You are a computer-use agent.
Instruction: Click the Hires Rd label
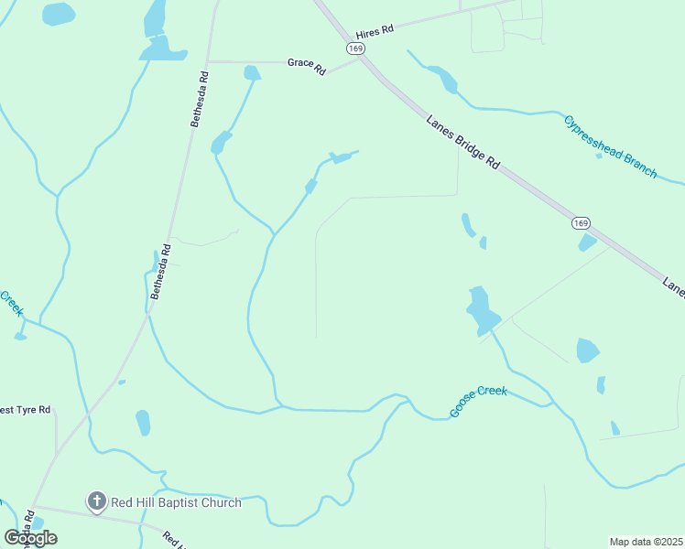(375, 30)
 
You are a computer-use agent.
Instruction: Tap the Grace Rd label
(307, 64)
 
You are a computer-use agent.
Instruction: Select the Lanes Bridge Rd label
(463, 140)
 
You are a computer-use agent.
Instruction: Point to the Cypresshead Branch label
(611, 146)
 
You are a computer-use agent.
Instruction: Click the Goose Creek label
(478, 403)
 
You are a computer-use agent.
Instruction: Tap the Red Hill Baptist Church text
(177, 502)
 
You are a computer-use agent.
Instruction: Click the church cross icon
(96, 501)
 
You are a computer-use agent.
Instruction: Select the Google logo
(30, 538)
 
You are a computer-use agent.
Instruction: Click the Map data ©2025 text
(647, 542)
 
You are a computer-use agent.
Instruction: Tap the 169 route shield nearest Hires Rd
(355, 47)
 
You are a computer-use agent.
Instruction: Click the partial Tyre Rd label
(25, 411)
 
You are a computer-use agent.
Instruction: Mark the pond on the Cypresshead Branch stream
(447, 81)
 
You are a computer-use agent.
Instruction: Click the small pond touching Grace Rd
(252, 72)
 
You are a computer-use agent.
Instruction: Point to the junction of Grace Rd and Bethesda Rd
(208, 62)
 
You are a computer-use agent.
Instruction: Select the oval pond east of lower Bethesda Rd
(143, 423)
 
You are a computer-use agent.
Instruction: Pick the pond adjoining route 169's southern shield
(587, 242)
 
